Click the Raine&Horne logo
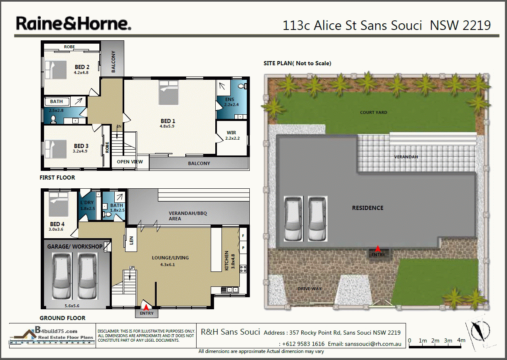coord(74,24)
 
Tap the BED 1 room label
coord(168,121)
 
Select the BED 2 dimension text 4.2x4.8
coord(82,72)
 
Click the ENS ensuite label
coord(229,100)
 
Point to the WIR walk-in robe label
coord(231,133)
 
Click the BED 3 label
coord(81,146)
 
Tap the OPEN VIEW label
coord(130,162)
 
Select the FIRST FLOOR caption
coord(57,178)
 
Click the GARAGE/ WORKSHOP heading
coord(75,247)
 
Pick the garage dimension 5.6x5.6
coord(72,306)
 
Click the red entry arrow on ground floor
coord(146,308)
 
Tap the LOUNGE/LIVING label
coord(170,258)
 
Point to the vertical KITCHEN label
coord(226,261)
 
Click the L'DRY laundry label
coord(87,203)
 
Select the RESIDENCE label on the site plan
coord(367,208)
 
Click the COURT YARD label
coord(374,112)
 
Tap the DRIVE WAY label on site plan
coord(310,288)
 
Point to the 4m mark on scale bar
coord(461,340)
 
